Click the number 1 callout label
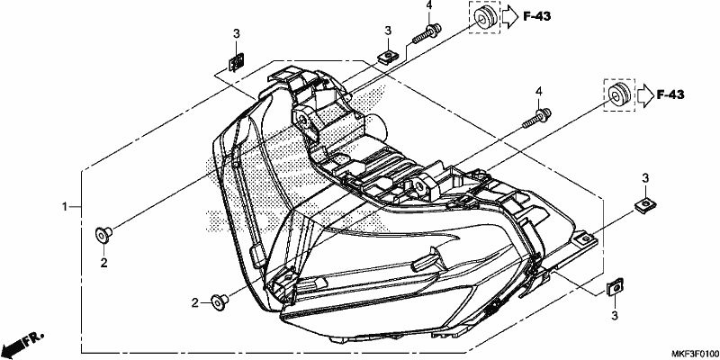(65, 207)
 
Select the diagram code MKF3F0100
(695, 354)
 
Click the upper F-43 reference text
(536, 16)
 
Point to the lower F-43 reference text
(670, 95)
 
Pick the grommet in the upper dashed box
(484, 17)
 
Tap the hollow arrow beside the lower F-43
(644, 95)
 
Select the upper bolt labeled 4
(426, 34)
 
